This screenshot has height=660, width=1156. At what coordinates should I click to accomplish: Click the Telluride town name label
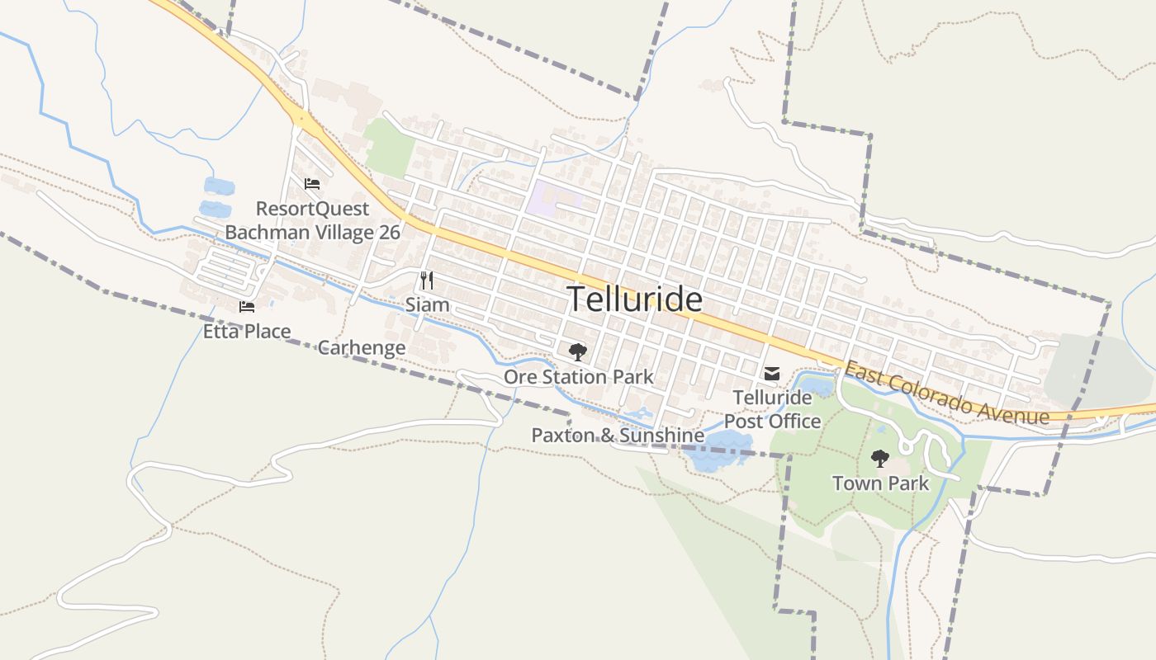coord(635,299)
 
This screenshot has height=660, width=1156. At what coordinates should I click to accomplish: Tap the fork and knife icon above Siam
coord(427,280)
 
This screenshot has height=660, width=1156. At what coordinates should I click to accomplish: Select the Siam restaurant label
coord(427,305)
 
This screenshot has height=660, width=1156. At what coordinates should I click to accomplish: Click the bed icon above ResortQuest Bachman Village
coord(312,184)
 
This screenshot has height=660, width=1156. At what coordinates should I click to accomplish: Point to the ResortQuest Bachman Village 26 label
coord(312,220)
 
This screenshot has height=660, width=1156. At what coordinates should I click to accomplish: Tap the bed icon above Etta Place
coord(247,307)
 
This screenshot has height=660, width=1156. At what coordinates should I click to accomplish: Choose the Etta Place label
coord(247,332)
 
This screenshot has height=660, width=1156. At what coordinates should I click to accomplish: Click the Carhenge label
coord(362,347)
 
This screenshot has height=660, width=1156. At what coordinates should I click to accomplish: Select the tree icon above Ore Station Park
coord(578,352)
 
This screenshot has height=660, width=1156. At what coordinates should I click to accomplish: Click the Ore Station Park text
coord(578,377)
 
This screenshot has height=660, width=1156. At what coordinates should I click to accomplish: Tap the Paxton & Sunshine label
coord(618,435)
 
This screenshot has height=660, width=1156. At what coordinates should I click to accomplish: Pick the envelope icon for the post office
coord(772,374)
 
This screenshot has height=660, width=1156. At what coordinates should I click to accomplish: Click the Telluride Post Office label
coord(772,409)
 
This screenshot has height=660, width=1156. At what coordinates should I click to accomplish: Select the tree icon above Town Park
coord(880,458)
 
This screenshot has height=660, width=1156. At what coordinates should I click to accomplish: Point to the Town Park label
coord(880,483)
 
